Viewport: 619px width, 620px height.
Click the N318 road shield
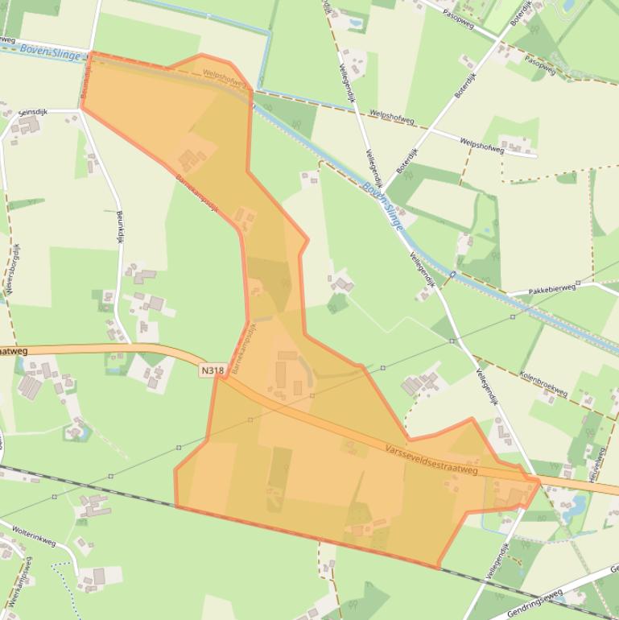(x=213, y=370)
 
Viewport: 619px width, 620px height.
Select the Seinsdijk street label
(x=35, y=114)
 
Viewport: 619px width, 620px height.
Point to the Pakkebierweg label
(x=553, y=288)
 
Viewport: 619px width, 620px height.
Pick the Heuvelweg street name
(x=596, y=465)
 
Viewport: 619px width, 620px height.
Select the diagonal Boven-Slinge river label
(x=382, y=205)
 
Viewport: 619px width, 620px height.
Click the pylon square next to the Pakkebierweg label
(x=514, y=316)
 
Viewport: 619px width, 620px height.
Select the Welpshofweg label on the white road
(x=482, y=145)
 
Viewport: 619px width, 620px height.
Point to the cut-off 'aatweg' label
(x=14, y=350)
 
